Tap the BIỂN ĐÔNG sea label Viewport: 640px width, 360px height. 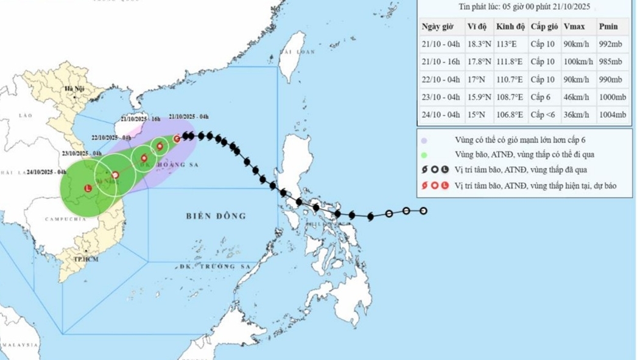tap(217, 216)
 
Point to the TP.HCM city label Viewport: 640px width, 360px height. tap(86, 259)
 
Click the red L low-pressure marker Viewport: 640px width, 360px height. tap(87, 188)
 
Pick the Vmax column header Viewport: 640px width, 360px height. tap(574, 26)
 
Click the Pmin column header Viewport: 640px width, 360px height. tap(608, 26)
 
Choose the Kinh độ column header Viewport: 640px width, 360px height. tap(508, 26)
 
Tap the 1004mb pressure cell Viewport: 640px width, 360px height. tap(612, 115)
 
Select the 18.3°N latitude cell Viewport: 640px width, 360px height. tap(479, 44)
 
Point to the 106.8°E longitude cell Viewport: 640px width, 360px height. tap(510, 115)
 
